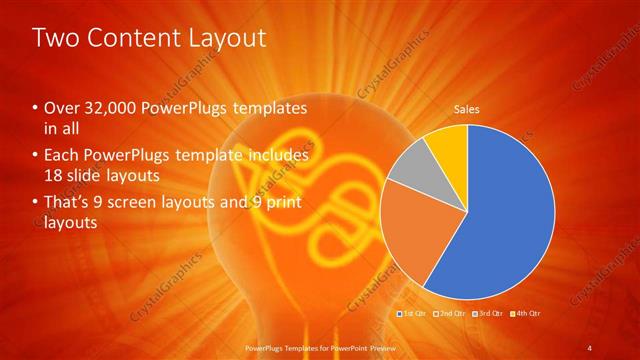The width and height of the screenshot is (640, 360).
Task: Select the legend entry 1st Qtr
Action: point(414,313)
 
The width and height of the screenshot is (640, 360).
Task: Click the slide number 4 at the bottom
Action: point(590,347)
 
